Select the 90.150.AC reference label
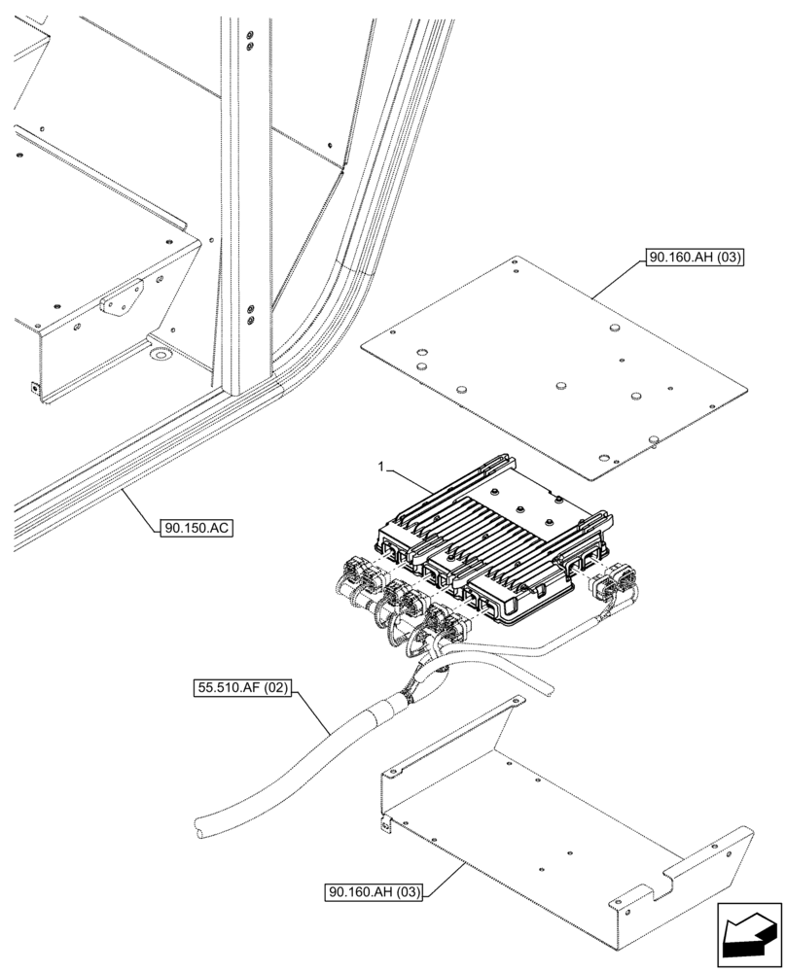[x=197, y=529]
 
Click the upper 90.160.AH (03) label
[x=693, y=259]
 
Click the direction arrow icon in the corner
[x=748, y=934]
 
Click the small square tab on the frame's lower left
[x=36, y=387]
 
